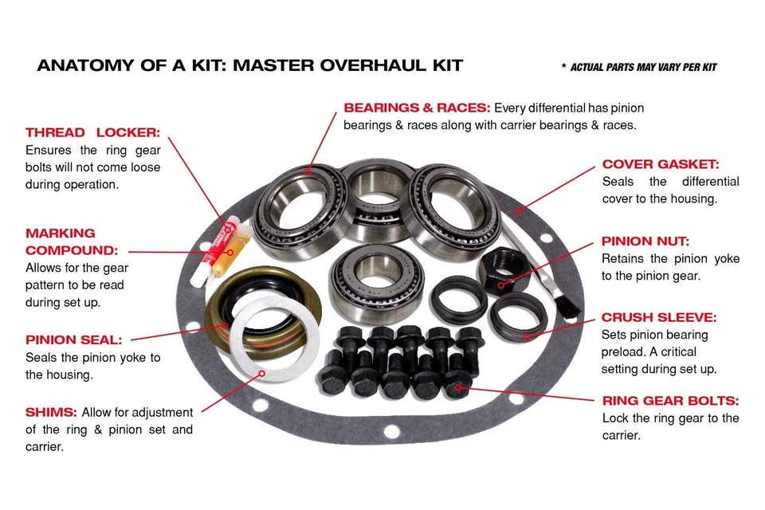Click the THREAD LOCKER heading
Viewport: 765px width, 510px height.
pyautogui.click(x=92, y=132)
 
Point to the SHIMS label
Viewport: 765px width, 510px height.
pyautogui.click(x=51, y=412)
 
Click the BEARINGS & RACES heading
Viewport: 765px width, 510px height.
pyautogui.click(x=417, y=108)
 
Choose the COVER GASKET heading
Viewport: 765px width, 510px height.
pyautogui.click(x=660, y=164)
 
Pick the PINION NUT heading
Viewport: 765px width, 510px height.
pyautogui.click(x=645, y=241)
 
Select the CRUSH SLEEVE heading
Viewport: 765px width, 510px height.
pyautogui.click(x=658, y=317)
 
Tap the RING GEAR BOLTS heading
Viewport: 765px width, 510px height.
pyautogui.click(x=669, y=401)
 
